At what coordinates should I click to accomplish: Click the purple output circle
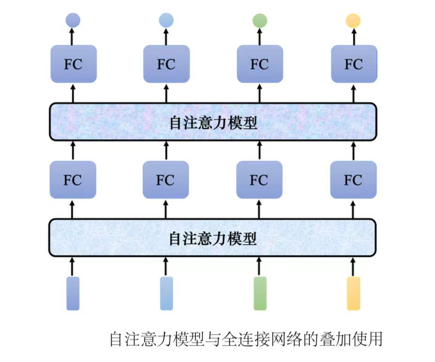[x=73, y=20]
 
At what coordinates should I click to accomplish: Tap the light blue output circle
[x=166, y=20]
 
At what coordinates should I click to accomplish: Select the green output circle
[x=259, y=20]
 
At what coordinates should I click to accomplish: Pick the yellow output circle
[x=353, y=20]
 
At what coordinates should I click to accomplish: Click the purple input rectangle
[x=73, y=293]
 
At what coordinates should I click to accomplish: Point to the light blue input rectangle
[x=166, y=293]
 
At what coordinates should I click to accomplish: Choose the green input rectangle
[x=259, y=293]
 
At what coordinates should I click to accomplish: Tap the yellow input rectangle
[x=353, y=293]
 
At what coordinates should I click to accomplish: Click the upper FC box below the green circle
[x=259, y=64]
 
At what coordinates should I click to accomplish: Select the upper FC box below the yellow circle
[x=354, y=64]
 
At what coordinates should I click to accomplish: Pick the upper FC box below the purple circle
[x=73, y=64]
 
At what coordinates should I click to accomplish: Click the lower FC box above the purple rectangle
[x=73, y=179]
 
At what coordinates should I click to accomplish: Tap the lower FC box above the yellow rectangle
[x=353, y=179]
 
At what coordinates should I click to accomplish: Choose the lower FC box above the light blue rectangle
[x=166, y=179]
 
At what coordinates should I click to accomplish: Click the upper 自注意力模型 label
[x=213, y=123]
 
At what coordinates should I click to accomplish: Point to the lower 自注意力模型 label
[x=213, y=239]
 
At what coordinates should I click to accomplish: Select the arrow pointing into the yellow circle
[x=353, y=36]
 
